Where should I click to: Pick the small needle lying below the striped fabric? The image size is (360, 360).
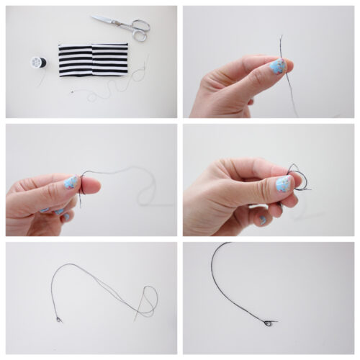pyautogui.click(x=72, y=92)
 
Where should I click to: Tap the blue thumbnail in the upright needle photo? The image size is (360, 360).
pyautogui.click(x=277, y=67)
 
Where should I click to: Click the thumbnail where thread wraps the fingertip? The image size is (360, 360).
pyautogui.click(x=70, y=183)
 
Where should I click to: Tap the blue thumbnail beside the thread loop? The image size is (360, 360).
pyautogui.click(x=284, y=184)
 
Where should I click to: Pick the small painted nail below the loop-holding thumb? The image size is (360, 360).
pyautogui.click(x=263, y=219)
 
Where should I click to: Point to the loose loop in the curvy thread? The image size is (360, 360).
pyautogui.click(x=149, y=299)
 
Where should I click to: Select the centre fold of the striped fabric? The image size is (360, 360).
pyautogui.click(x=93, y=58)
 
